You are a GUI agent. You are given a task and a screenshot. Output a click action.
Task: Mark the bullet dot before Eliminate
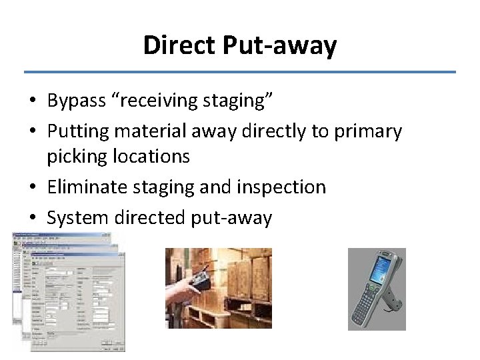tap(33, 187)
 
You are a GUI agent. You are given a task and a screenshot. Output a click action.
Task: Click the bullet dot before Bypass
tap(33, 101)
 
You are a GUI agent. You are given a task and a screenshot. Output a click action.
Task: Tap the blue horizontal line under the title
tap(240, 72)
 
